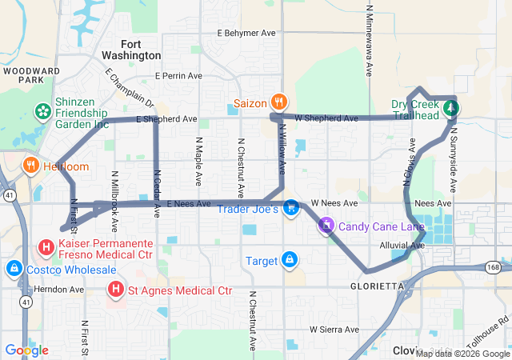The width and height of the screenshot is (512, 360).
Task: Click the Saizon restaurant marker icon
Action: coord(278,102)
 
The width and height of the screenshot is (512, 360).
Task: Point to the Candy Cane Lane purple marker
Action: coord(326,226)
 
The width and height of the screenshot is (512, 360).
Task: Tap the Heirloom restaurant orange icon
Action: coord(30,166)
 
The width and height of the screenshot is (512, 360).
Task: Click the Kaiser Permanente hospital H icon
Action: coord(46,247)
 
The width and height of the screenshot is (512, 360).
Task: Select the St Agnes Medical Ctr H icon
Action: coord(117,288)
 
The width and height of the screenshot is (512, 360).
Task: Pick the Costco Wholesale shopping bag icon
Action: coord(13,268)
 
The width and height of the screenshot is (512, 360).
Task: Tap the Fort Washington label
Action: coord(131,50)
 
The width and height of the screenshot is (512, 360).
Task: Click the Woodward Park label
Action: coord(32,75)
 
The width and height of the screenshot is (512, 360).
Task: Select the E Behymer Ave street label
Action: coord(246,34)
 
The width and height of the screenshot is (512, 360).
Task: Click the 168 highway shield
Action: coord(494,266)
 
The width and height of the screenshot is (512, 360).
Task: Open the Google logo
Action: coord(26,350)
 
